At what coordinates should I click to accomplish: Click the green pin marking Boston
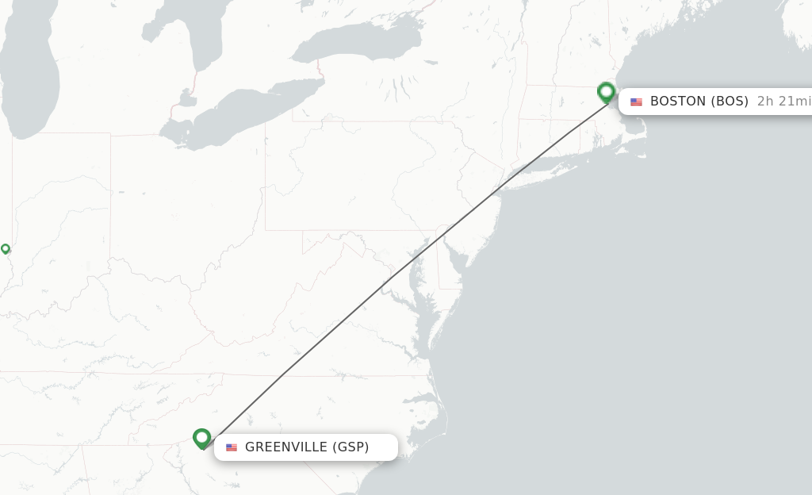607,92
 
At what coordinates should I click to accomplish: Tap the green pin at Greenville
202,438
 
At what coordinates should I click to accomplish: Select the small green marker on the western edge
6,248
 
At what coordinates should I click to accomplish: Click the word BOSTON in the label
678,101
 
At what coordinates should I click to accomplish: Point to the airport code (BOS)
730,101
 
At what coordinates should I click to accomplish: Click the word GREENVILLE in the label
286,447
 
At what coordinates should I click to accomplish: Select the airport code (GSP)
350,447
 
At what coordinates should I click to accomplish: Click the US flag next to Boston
636,102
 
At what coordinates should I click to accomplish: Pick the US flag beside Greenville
232,448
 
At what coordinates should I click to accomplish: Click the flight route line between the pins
404,266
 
